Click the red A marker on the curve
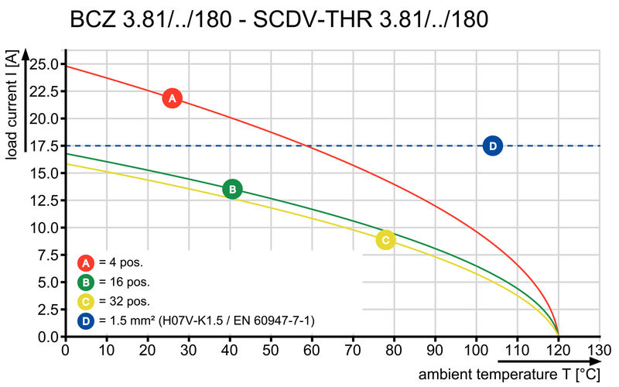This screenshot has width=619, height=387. click(x=173, y=98)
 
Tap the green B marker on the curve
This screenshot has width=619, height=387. click(x=232, y=189)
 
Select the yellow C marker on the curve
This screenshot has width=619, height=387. click(x=385, y=240)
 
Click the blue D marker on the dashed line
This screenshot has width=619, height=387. click(x=493, y=146)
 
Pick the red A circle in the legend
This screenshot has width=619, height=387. click(x=86, y=262)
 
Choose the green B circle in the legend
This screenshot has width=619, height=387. click(x=86, y=282)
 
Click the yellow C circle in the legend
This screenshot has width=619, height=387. click(x=86, y=301)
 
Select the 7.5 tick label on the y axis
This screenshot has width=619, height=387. click(x=50, y=255)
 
